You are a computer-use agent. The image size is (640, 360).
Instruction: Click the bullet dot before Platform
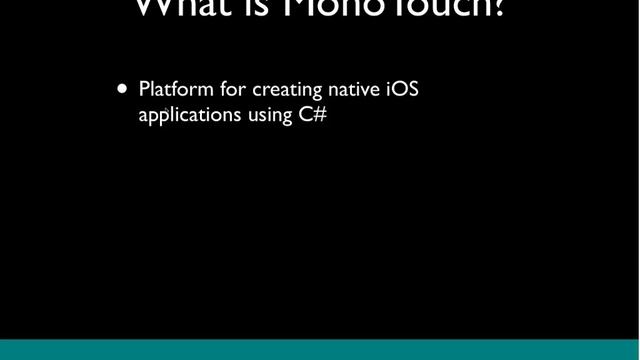(123, 89)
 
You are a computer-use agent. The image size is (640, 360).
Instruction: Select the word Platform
(176, 90)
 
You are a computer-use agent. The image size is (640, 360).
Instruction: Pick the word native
(354, 90)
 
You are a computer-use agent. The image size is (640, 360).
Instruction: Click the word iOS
(403, 90)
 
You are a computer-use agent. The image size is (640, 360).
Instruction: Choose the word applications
(190, 115)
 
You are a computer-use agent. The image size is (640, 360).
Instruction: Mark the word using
(269, 116)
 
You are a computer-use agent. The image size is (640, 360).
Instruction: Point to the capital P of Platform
(145, 90)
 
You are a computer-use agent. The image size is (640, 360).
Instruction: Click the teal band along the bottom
(320, 349)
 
